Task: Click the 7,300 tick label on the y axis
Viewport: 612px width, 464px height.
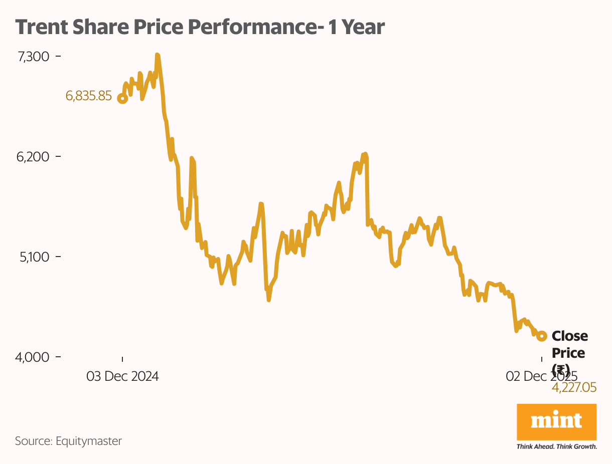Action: coord(33,57)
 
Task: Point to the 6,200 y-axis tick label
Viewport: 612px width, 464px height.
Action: coord(33,157)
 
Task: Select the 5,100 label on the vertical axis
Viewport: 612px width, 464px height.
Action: coord(34,257)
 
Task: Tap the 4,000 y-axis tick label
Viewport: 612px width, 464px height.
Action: coord(33,357)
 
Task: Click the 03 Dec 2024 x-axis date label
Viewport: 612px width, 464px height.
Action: coord(122,376)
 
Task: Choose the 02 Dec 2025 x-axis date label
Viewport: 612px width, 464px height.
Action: coord(541,376)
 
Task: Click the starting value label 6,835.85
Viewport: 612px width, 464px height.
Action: coord(89,96)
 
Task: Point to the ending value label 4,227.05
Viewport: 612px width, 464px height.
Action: coord(574,387)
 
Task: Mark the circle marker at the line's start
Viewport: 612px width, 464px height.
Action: coord(122,98)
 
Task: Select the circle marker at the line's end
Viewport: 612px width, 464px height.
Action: coord(542,336)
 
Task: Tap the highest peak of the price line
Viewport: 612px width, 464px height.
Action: coord(157,55)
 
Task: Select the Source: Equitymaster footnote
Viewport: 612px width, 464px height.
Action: coord(68,441)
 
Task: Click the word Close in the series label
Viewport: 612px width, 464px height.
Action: coord(570,336)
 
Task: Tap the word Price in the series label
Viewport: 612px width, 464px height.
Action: coord(568,353)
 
